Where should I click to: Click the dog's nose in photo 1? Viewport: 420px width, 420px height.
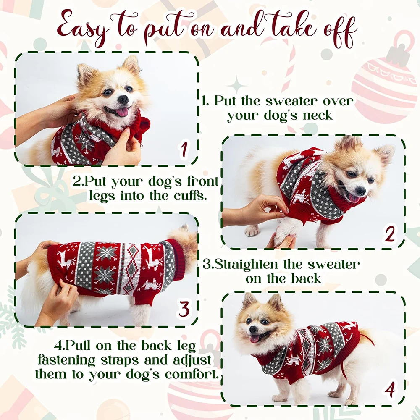pyautogui.click(x=123, y=100)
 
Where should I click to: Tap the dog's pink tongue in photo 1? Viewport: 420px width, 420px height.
pyautogui.click(x=122, y=112)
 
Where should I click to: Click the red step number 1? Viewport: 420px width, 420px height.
pyautogui.click(x=184, y=149)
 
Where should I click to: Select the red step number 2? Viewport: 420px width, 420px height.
pyautogui.click(x=390, y=234)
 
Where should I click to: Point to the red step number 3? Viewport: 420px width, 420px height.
pyautogui.click(x=184, y=309)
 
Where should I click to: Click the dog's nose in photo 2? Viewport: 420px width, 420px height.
pyautogui.click(x=360, y=191)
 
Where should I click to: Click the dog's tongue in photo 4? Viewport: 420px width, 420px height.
pyautogui.click(x=255, y=339)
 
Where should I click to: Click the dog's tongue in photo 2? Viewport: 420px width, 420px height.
pyautogui.click(x=354, y=199)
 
